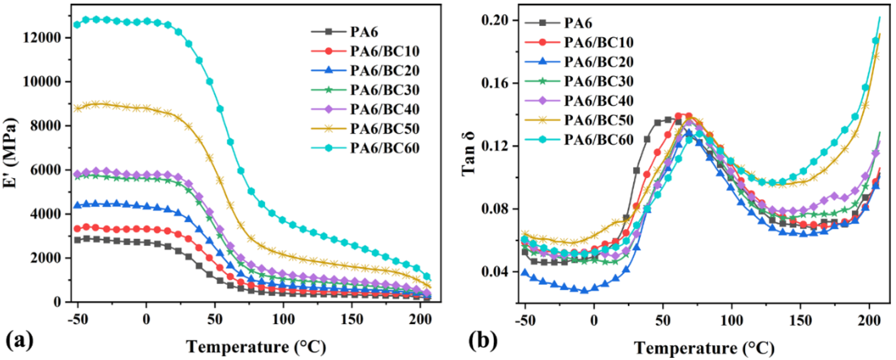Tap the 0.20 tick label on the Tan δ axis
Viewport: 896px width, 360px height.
tap(494, 21)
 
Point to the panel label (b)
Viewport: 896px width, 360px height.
tap(483, 342)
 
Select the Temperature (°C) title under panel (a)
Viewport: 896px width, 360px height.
tap(256, 347)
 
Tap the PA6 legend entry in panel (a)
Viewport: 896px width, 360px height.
tap(364, 32)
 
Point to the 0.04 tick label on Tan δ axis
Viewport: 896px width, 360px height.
tap(494, 272)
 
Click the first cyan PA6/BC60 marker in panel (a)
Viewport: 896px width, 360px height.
tap(77, 25)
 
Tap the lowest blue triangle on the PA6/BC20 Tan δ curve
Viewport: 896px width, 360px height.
tap(585, 290)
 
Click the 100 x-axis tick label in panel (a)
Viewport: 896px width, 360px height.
tap(283, 319)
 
